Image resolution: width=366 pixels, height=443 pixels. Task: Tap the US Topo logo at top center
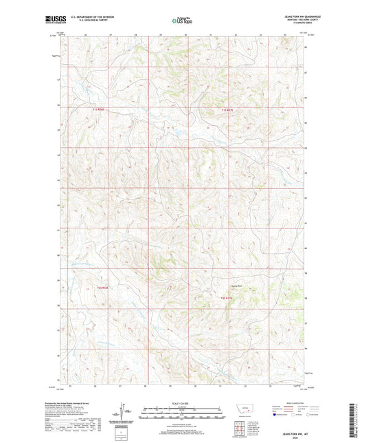(182, 21)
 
